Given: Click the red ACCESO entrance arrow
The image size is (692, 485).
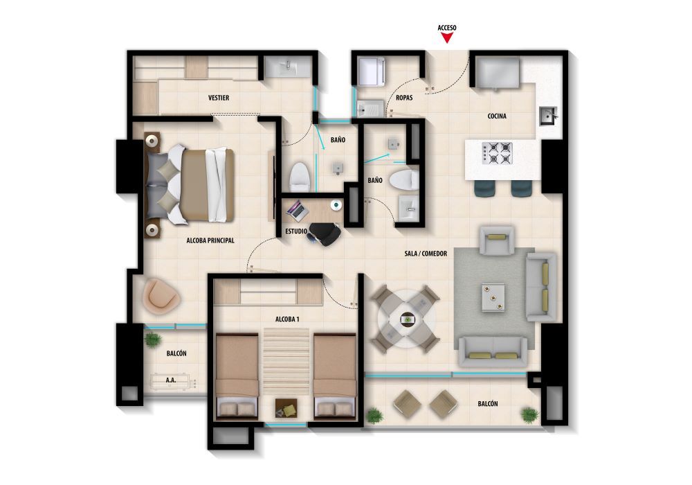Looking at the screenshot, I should (447, 39).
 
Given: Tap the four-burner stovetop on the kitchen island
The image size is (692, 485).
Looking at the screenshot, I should (497, 153).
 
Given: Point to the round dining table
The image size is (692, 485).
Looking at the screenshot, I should (406, 319).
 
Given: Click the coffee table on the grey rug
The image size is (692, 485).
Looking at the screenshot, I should (493, 297).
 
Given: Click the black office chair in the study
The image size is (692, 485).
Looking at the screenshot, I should (324, 233).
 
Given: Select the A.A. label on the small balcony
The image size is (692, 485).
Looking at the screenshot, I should (170, 380).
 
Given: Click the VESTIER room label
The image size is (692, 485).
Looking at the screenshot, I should (219, 98).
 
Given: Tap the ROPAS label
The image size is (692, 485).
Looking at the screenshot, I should (404, 98).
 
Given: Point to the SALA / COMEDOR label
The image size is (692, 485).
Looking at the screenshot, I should (426, 254).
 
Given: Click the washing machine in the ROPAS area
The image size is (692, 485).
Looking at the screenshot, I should (370, 71).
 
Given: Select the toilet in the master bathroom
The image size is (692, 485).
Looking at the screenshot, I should (299, 178).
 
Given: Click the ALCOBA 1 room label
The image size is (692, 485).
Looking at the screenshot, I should (287, 319).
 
